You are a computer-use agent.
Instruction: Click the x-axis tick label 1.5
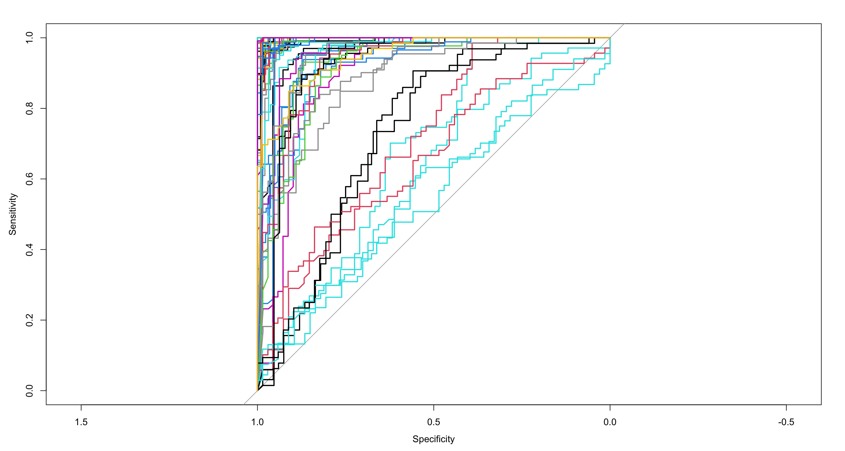click(81, 422)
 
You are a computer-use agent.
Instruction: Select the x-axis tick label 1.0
click(257, 422)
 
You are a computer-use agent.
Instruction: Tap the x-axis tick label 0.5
click(433, 422)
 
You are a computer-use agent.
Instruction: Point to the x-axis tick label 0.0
click(610, 422)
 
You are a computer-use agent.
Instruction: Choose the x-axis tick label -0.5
click(786, 422)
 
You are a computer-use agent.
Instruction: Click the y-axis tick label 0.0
click(30, 391)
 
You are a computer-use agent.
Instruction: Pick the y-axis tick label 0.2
click(30, 320)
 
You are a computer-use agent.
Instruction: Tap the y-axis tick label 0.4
click(30, 250)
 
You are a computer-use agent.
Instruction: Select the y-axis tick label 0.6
click(30, 179)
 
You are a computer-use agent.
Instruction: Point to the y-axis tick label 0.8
click(30, 108)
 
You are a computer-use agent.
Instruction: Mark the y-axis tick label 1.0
click(30, 38)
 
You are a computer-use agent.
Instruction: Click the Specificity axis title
click(433, 439)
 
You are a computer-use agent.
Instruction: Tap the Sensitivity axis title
click(12, 214)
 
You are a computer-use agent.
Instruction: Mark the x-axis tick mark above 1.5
click(81, 408)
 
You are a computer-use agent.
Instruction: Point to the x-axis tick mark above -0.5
click(786, 408)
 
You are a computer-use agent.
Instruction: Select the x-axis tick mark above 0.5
click(434, 408)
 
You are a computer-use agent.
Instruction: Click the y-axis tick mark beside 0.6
click(43, 179)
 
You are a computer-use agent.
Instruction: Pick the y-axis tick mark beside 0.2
click(43, 320)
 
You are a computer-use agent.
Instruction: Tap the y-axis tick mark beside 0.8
click(43, 108)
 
